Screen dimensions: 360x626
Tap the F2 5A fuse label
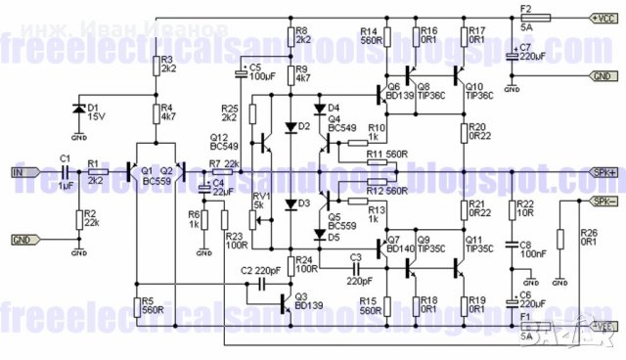[x=525, y=14]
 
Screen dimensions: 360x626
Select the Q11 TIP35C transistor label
[x=479, y=246]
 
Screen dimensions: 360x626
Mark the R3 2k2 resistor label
[x=168, y=65]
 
